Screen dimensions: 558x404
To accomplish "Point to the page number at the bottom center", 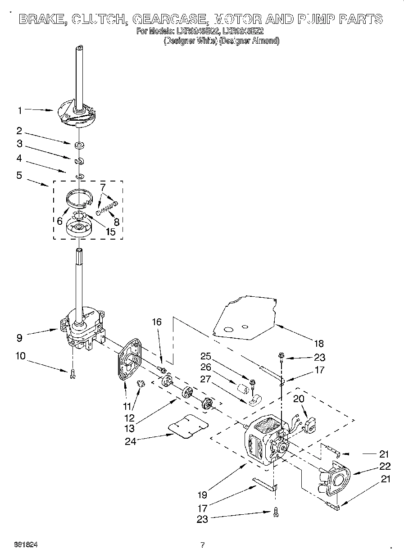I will tap(202, 545).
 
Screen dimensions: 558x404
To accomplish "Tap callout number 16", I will tap(156, 322).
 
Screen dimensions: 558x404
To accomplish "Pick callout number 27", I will tap(205, 379).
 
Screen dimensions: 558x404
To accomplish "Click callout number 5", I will tap(19, 175).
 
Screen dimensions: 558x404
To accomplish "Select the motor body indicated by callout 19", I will tap(261, 441).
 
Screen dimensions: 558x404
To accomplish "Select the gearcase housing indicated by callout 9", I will tap(81, 329).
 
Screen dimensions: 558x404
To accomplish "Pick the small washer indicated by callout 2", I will tap(80, 145).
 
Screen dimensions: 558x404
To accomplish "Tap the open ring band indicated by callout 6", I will tap(79, 197).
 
